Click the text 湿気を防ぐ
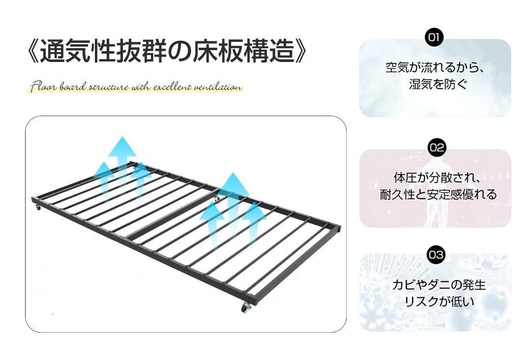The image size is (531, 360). (x=435, y=84)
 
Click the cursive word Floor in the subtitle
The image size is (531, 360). (x=45, y=88)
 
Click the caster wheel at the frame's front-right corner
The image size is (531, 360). (x=246, y=308)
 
